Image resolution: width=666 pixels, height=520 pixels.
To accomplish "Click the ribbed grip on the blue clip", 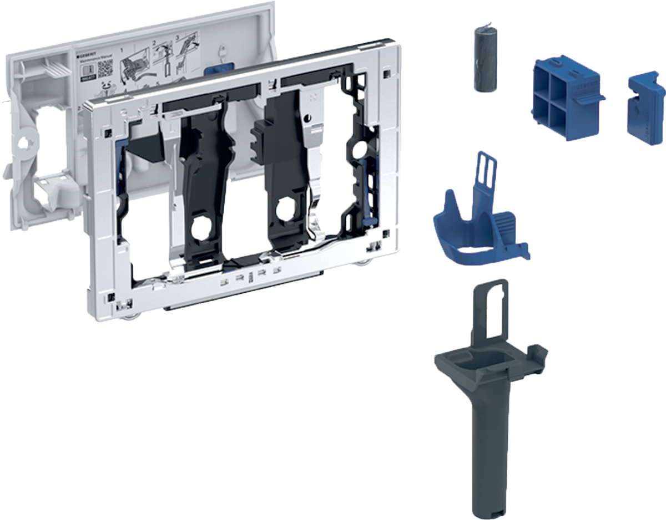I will point(506,228).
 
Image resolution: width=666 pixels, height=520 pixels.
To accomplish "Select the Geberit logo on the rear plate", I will point(89,57).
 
